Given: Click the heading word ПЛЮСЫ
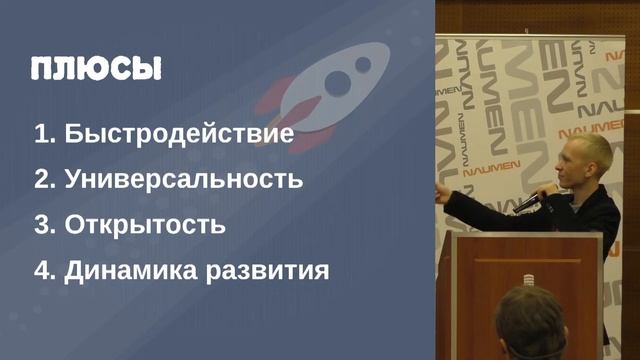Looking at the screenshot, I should pos(96,69).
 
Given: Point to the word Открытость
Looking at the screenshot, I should pos(145,225).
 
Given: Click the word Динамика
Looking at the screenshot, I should pos(127,270).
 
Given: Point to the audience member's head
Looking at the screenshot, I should pos(530,325).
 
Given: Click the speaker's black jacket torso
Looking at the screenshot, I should pos(590,215).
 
